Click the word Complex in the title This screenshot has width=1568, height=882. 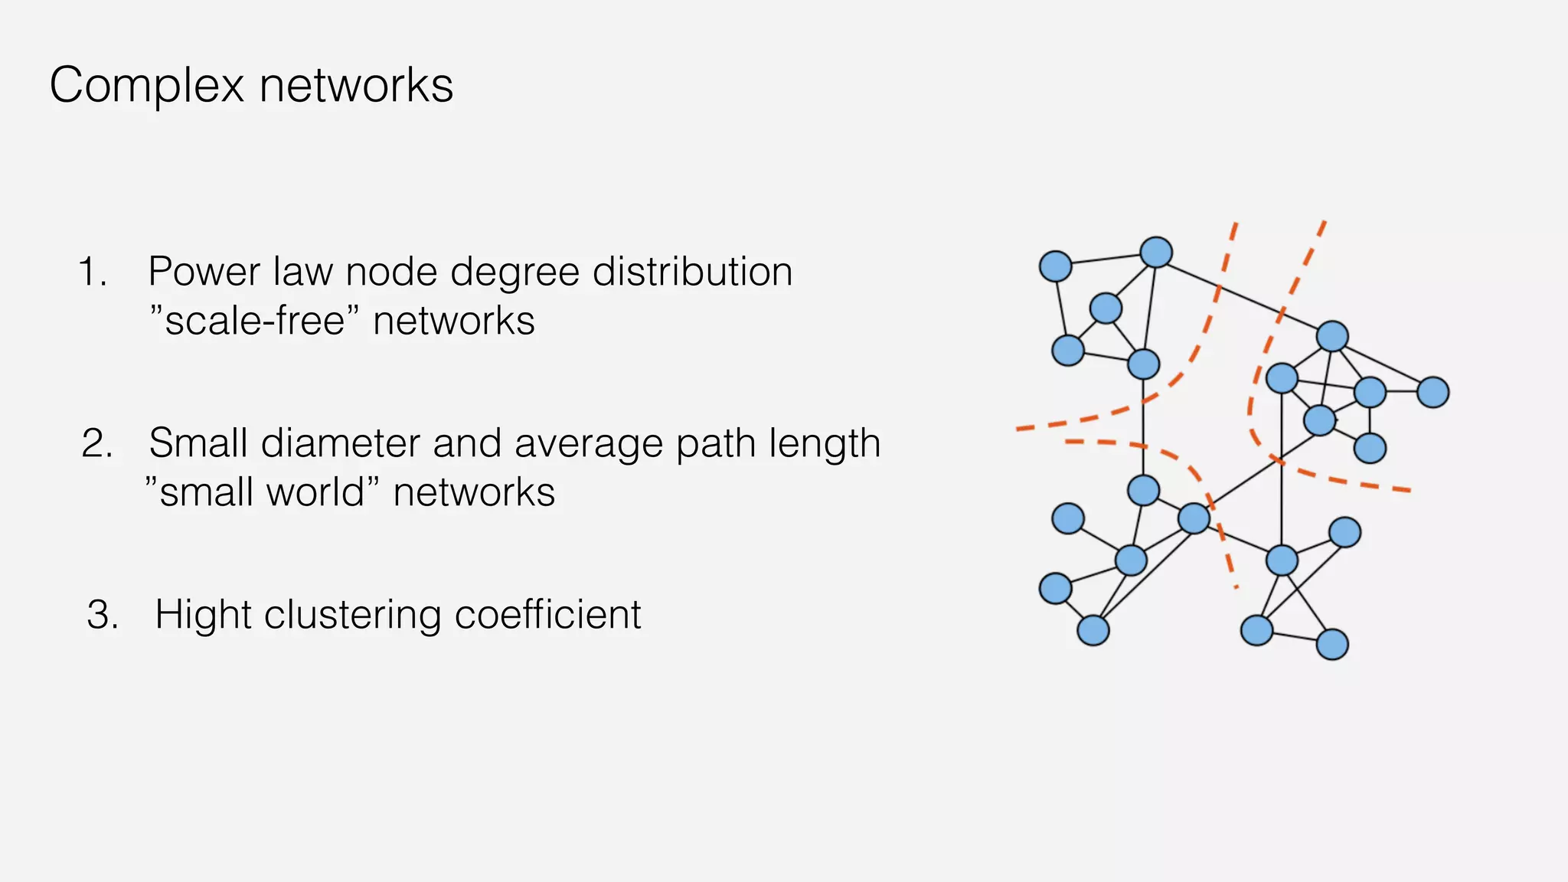click(x=146, y=85)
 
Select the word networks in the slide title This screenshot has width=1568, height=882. click(x=356, y=85)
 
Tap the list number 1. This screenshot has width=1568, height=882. click(x=92, y=272)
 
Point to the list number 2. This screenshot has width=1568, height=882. click(x=96, y=443)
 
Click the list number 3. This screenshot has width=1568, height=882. click(x=103, y=615)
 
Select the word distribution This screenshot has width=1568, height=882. click(x=692, y=272)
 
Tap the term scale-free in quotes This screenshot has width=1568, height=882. click(x=253, y=321)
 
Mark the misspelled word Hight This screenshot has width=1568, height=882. click(x=203, y=615)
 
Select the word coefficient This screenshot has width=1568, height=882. click(x=547, y=615)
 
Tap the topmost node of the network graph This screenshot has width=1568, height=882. click(x=1156, y=252)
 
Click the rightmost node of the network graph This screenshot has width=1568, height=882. click(x=1432, y=392)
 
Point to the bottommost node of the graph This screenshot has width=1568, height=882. click(x=1332, y=644)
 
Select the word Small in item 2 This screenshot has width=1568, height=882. click(x=198, y=443)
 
